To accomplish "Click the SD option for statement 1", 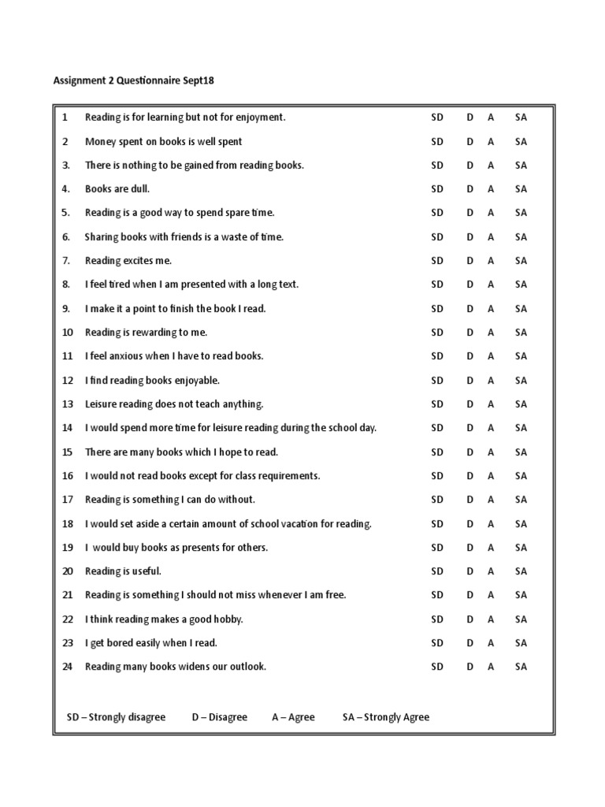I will (x=437, y=117).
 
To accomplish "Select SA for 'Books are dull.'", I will (x=521, y=189).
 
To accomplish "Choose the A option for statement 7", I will (x=491, y=261).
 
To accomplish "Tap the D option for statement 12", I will (x=470, y=381).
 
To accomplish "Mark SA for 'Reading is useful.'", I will (x=521, y=571).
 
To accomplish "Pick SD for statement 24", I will (x=437, y=667).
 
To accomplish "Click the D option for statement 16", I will (x=470, y=476).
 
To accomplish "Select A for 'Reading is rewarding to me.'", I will (x=491, y=333).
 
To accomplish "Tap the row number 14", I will (x=67, y=428).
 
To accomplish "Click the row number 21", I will (x=67, y=595).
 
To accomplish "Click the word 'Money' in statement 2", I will (x=100, y=142).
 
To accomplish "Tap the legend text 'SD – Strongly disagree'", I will (x=116, y=717).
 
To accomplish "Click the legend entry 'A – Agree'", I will (x=293, y=717).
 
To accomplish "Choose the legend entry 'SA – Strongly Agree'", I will (x=386, y=717).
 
